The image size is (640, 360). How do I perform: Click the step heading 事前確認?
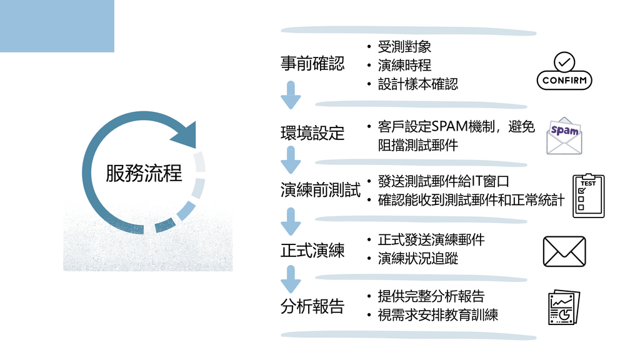tap(312, 64)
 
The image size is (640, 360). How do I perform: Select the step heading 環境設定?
tap(312, 133)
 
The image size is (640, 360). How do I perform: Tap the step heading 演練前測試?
tap(321, 190)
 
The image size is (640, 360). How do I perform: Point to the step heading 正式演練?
tap(312, 250)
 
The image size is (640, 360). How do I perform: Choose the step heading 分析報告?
tap(312, 306)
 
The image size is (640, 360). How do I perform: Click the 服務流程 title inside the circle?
tap(144, 173)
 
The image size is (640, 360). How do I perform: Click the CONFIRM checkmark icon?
tap(564, 71)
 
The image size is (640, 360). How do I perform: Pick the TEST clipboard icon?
tap(588, 196)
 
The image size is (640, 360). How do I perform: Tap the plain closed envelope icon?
tap(564, 251)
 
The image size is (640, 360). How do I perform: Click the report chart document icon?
tap(564, 307)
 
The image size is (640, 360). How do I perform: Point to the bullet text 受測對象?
tap(404, 47)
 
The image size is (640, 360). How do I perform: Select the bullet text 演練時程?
tap(404, 65)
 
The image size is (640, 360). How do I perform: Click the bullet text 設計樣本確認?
tap(417, 84)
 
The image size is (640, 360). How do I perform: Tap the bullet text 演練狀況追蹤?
tap(417, 258)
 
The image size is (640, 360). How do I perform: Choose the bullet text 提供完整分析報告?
tap(431, 296)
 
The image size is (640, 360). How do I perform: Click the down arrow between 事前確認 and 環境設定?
tap(291, 95)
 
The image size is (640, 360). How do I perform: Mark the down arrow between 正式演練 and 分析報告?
tap(291, 279)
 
